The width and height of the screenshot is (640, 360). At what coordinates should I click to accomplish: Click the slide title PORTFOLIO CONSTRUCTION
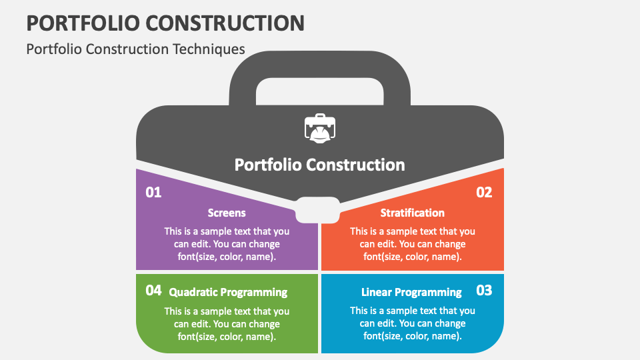pyautogui.click(x=165, y=22)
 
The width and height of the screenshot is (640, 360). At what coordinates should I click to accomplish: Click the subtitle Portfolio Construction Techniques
pyautogui.click(x=135, y=49)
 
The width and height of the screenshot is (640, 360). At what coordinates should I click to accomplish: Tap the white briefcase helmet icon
pyautogui.click(x=319, y=128)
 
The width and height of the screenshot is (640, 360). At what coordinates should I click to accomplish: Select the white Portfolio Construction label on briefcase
pyautogui.click(x=319, y=165)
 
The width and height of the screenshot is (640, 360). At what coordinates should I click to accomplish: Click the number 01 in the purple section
pyautogui.click(x=153, y=193)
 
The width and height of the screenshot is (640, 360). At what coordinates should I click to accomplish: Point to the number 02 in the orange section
pyautogui.click(x=484, y=193)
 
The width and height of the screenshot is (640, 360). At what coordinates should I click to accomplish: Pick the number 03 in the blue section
pyautogui.click(x=484, y=291)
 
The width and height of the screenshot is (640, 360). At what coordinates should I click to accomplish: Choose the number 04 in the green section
pyautogui.click(x=153, y=291)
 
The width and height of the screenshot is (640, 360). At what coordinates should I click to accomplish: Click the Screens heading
pyautogui.click(x=227, y=213)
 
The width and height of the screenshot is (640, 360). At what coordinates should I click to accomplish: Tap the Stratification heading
pyautogui.click(x=412, y=213)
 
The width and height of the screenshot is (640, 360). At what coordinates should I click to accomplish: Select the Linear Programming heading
pyautogui.click(x=411, y=293)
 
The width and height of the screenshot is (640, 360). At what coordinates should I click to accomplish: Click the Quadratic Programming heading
pyautogui.click(x=228, y=293)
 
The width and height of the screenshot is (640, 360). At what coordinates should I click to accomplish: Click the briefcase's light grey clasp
pyautogui.click(x=319, y=209)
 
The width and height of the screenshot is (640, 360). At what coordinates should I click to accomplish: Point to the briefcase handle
pyautogui.click(x=319, y=63)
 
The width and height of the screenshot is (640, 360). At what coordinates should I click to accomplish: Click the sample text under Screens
pyautogui.click(x=227, y=244)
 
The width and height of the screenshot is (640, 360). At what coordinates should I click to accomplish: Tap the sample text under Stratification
pyautogui.click(x=412, y=244)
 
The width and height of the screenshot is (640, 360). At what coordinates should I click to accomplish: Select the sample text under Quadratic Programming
pyautogui.click(x=227, y=323)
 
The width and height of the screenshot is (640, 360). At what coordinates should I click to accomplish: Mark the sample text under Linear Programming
pyautogui.click(x=412, y=323)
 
